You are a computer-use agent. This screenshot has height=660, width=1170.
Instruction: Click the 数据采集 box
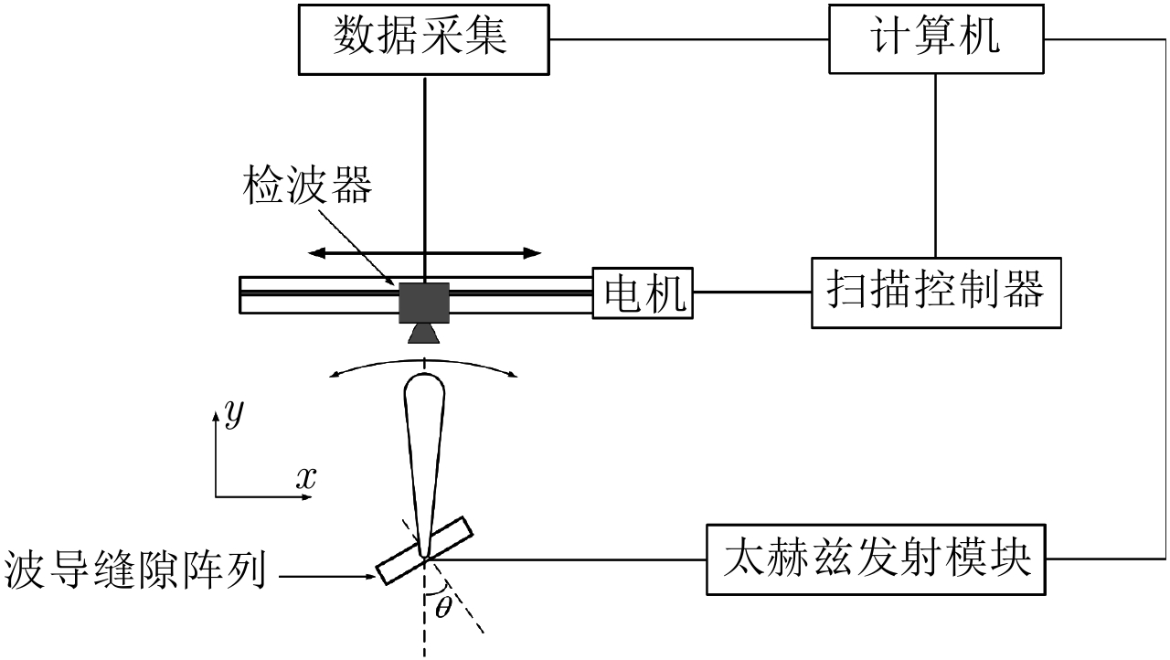click(x=424, y=38)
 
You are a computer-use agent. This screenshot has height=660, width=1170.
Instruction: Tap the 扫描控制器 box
click(x=936, y=293)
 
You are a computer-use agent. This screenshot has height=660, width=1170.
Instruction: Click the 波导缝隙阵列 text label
click(x=135, y=572)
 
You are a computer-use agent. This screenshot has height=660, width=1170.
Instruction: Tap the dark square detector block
click(x=424, y=302)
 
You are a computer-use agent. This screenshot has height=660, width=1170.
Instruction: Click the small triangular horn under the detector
click(x=424, y=333)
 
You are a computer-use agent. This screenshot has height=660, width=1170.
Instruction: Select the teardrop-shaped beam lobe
click(x=423, y=439)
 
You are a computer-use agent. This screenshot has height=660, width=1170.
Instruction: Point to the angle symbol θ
click(x=444, y=607)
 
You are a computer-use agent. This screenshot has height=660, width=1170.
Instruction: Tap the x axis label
click(x=305, y=476)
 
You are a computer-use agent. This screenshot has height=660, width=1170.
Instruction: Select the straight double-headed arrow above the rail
click(x=424, y=252)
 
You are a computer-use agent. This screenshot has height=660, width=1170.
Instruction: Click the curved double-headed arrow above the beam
click(x=424, y=364)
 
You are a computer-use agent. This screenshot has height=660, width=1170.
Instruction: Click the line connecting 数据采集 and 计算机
click(x=691, y=39)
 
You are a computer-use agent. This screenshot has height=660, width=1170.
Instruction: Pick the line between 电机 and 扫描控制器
click(x=751, y=293)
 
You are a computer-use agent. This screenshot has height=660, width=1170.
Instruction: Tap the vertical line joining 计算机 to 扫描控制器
click(x=934, y=165)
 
